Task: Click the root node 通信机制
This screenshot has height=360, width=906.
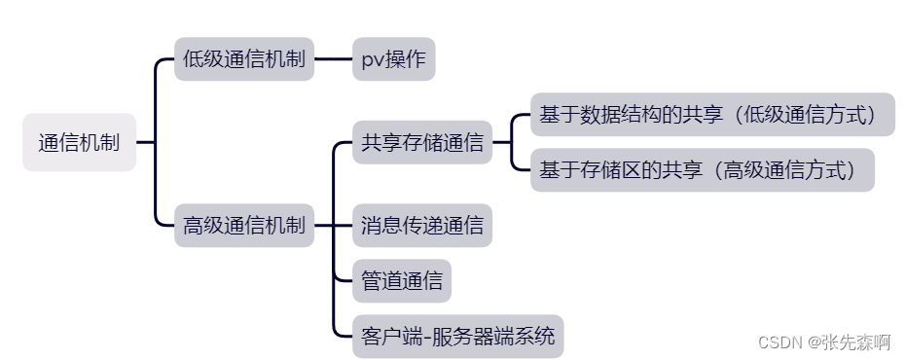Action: pyautogui.click(x=79, y=142)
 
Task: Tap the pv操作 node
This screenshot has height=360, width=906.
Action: pyautogui.click(x=392, y=58)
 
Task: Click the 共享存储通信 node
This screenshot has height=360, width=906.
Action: pyautogui.click(x=421, y=142)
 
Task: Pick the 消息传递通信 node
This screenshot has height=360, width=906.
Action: pyautogui.click(x=421, y=227)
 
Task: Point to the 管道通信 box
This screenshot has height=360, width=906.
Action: pyautogui.click(x=401, y=282)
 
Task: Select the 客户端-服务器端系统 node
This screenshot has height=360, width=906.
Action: pyautogui.click(x=457, y=337)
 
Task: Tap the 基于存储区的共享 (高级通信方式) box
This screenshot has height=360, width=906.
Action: pyautogui.click(x=702, y=169)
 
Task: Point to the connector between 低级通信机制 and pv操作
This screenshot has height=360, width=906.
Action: pyautogui.click(x=332, y=58)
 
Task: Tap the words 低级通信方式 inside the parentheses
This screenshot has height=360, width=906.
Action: pyautogui.click(x=798, y=115)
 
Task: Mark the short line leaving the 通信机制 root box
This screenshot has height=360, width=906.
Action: pyautogui.click(x=145, y=142)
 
